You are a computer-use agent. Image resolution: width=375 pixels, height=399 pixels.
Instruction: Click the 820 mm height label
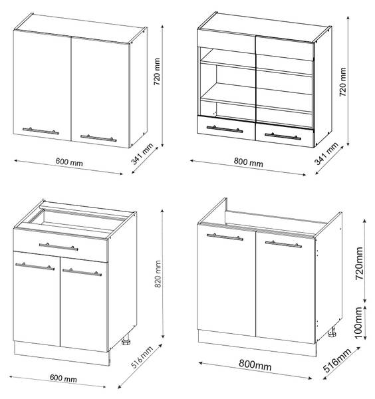pyautogui.click(x=158, y=273)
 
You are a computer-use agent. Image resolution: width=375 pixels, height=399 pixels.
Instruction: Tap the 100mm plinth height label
pyautogui.click(x=358, y=323)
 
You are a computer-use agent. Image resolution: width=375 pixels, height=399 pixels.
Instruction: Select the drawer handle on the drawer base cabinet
pyautogui.click(x=59, y=247)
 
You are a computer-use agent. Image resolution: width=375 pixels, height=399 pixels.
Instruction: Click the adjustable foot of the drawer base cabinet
pyautogui.click(x=126, y=342)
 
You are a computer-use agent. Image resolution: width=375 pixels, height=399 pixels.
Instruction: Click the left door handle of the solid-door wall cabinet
pyautogui.click(x=41, y=131)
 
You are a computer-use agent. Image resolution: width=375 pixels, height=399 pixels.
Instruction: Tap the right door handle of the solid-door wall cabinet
pyautogui.click(x=98, y=138)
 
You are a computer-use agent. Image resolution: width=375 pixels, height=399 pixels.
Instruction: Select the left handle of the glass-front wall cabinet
pyautogui.click(x=225, y=129)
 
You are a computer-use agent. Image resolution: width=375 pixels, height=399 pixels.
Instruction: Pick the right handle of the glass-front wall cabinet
pyautogui.click(x=283, y=136)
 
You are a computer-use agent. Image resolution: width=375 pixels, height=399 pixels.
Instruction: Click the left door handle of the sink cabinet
pyautogui.click(x=225, y=237)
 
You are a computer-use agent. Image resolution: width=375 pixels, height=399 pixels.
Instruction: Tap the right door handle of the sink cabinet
pyautogui.click(x=283, y=244)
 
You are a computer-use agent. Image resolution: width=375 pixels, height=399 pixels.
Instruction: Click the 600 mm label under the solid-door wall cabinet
pyautogui.click(x=69, y=162)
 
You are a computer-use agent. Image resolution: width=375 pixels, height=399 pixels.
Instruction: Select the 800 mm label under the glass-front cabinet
pyautogui.click(x=248, y=162)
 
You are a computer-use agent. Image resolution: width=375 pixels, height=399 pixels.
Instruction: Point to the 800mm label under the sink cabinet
pyautogui.click(x=255, y=365)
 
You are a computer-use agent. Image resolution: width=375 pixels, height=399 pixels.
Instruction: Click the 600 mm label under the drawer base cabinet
pyautogui.click(x=63, y=378)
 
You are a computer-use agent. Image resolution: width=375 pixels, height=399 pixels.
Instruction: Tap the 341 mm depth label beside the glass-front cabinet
pyautogui.click(x=326, y=154)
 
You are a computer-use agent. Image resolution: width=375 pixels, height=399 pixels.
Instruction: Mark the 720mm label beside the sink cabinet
pyautogui.click(x=359, y=263)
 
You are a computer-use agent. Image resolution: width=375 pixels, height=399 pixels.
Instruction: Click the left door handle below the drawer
pyautogui.click(x=35, y=267)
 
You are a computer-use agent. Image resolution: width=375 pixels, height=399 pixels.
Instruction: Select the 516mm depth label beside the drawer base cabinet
pyautogui.click(x=142, y=357)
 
